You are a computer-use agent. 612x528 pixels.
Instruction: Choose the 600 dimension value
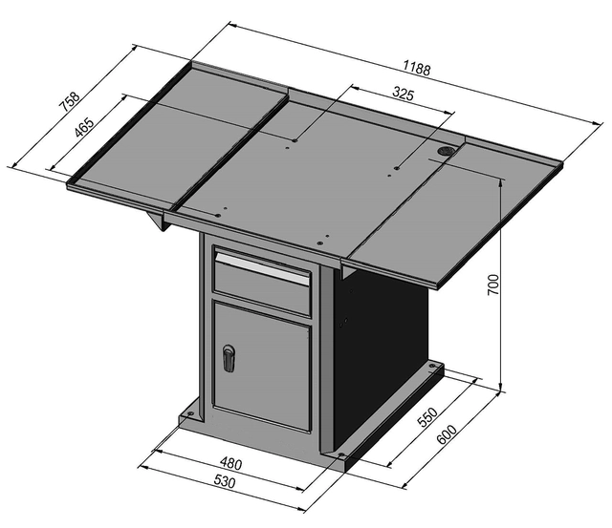(447, 433)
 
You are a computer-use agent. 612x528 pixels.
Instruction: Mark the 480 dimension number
(231, 464)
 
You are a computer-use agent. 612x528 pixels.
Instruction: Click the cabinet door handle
(228, 358)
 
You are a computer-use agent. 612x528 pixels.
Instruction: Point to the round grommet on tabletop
(448, 151)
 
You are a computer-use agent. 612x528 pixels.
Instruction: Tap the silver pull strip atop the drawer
(263, 265)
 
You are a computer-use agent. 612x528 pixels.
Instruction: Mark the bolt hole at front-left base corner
(189, 414)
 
